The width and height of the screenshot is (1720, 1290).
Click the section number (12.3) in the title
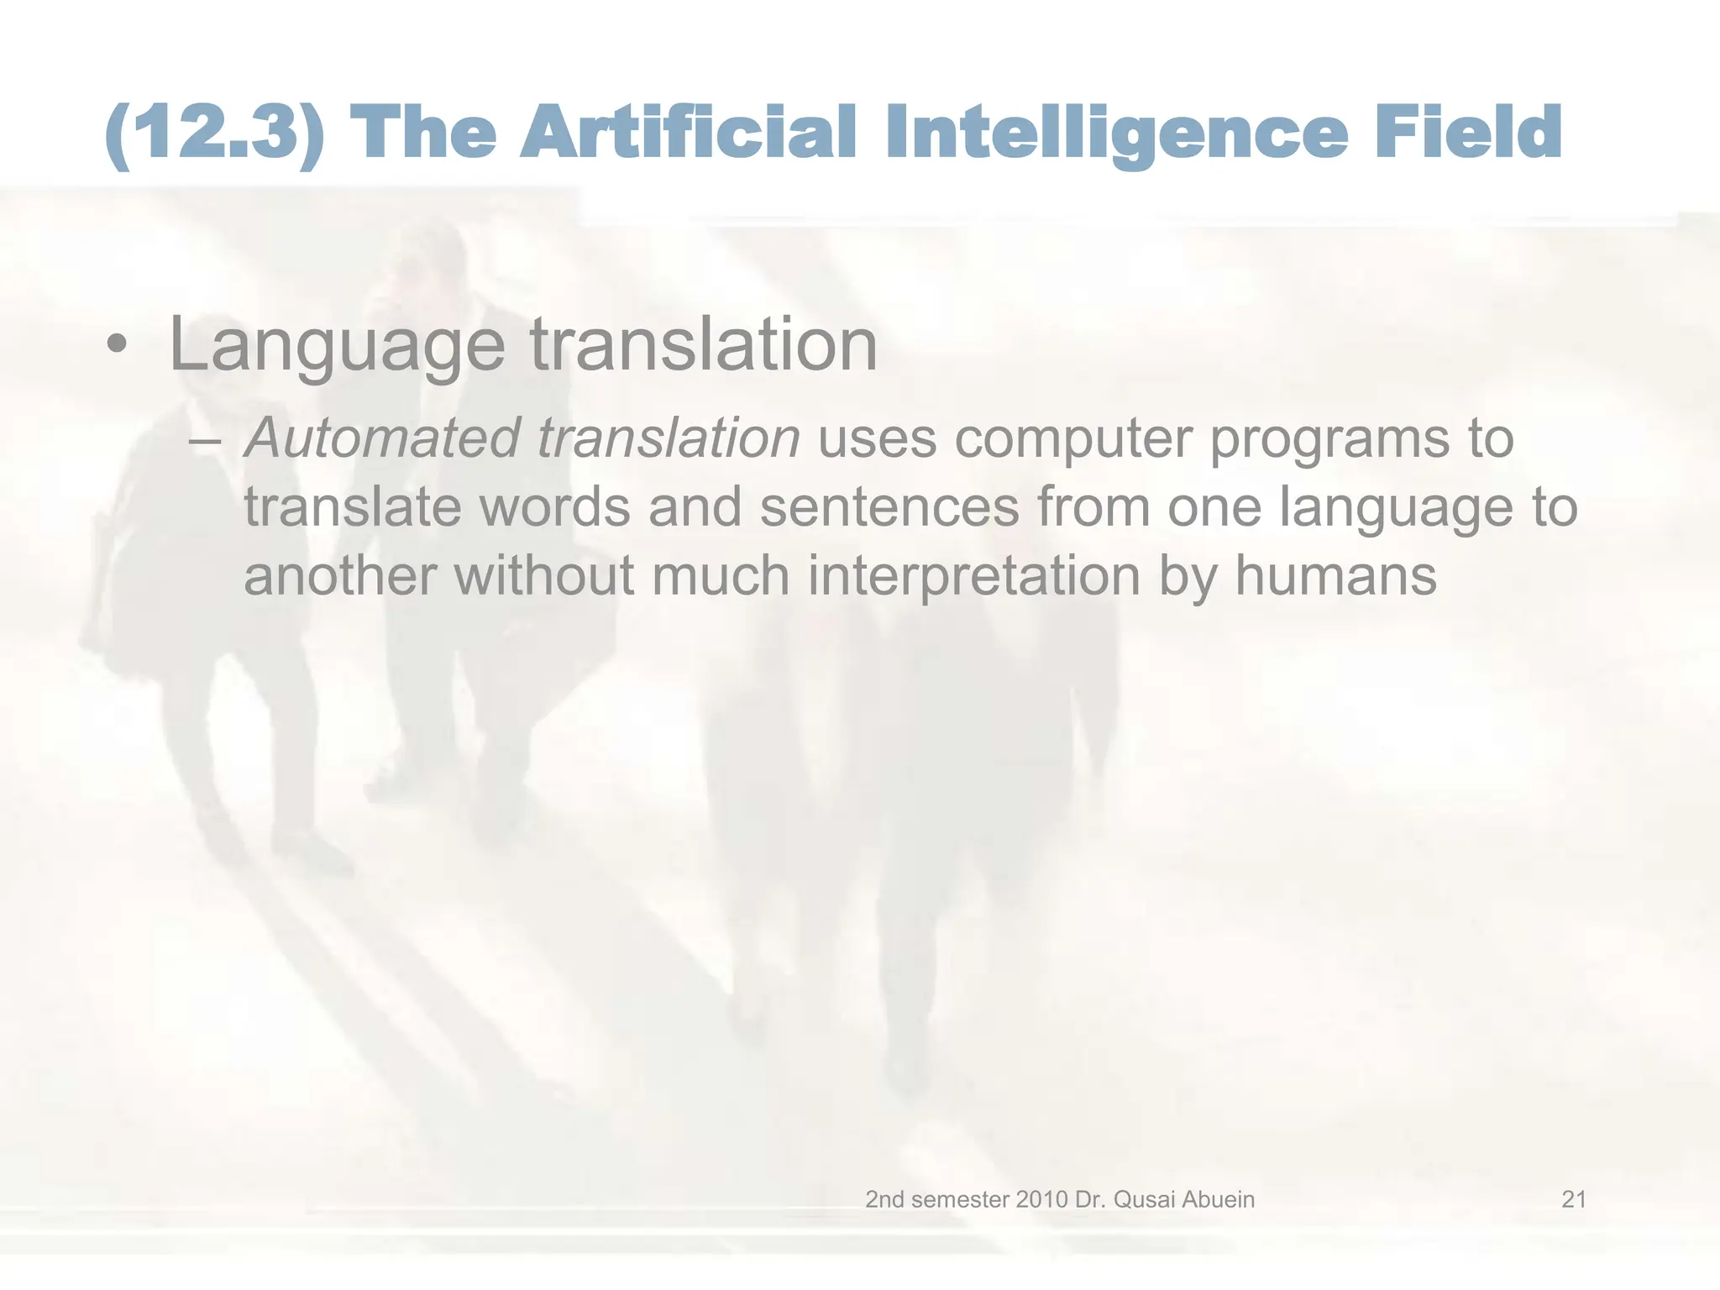coord(215,133)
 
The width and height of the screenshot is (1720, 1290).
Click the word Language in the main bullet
coord(336,346)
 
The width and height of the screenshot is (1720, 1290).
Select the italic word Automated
coord(381,439)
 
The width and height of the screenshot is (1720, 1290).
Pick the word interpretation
coord(974,578)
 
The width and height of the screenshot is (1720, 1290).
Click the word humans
coord(1335,576)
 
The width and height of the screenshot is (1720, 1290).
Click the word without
coord(544,576)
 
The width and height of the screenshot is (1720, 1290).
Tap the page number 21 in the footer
coord(1574,1199)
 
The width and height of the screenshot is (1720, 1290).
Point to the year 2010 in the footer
coord(1041,1199)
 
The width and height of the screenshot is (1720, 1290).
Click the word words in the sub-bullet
coord(554,509)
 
